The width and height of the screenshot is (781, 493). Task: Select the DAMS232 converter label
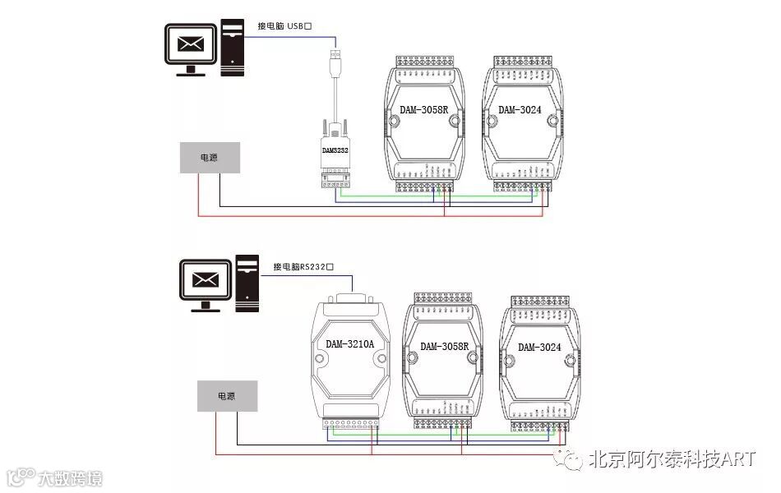pyautogui.click(x=335, y=150)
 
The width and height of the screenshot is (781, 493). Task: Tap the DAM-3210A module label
pyautogui.click(x=349, y=343)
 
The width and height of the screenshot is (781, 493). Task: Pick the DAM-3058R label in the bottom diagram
pyautogui.click(x=444, y=346)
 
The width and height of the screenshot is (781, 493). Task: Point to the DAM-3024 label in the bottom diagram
pyautogui.click(x=539, y=347)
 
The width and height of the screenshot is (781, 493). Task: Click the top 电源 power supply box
pyautogui.click(x=210, y=157)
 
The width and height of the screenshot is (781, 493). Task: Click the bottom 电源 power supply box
pyautogui.click(x=227, y=395)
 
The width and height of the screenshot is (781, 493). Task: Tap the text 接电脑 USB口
pyautogui.click(x=284, y=26)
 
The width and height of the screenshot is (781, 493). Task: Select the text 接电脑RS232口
pyautogui.click(x=307, y=266)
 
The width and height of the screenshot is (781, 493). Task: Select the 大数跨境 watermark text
pyautogui.click(x=71, y=477)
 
